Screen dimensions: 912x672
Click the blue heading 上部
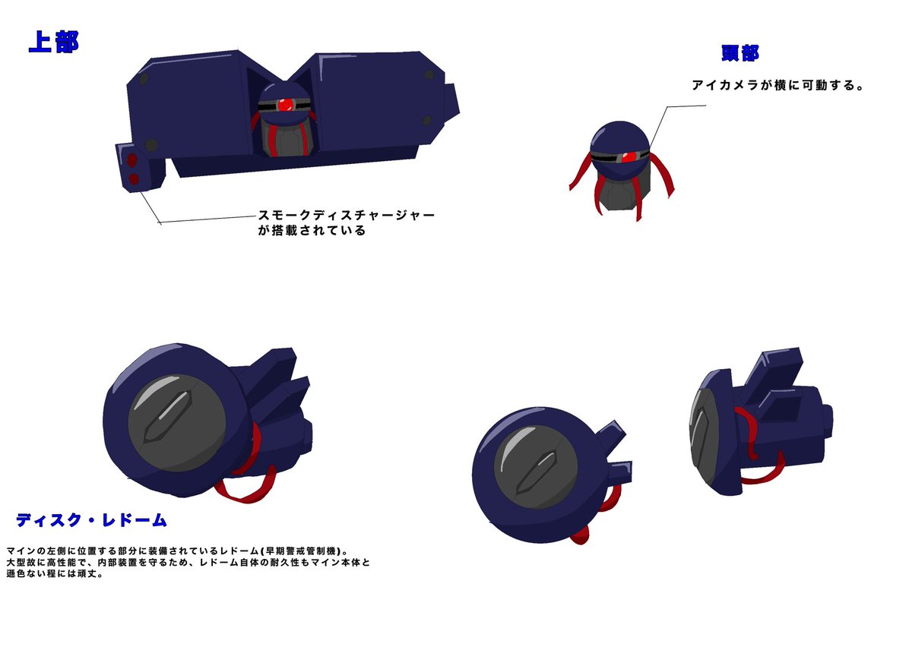[x=54, y=42]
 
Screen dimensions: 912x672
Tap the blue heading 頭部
[x=739, y=53]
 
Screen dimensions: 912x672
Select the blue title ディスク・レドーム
[x=91, y=520]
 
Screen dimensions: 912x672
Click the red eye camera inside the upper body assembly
[x=286, y=105]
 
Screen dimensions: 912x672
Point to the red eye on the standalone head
[x=629, y=156]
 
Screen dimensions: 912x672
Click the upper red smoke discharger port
[x=131, y=160]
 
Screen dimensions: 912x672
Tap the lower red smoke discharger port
[x=134, y=178]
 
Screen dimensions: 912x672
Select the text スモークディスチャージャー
[x=347, y=215]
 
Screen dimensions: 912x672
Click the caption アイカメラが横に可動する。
[x=777, y=85]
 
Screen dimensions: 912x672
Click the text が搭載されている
[x=312, y=231]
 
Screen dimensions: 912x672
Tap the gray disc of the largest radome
[x=177, y=423]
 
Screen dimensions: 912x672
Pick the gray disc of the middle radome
[x=536, y=467]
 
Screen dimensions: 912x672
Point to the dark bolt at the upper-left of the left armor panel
[x=144, y=78]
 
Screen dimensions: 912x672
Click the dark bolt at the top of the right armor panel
[x=429, y=74]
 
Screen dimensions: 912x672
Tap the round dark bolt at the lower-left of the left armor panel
[x=151, y=145]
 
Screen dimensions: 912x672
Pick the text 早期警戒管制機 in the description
[x=300, y=551]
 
